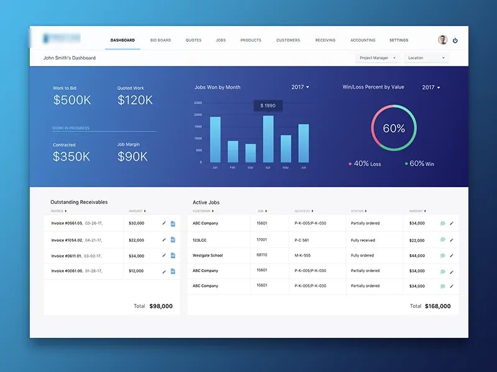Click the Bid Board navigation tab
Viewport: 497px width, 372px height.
click(160, 40)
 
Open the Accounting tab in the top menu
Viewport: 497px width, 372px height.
click(363, 40)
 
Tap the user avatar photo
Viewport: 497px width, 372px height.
click(442, 40)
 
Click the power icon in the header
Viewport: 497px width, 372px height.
click(455, 40)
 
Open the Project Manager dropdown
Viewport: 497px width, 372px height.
click(377, 58)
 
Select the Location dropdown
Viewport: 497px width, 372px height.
click(426, 58)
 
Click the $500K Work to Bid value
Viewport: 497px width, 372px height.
click(72, 100)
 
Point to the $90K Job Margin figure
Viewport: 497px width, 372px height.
click(132, 157)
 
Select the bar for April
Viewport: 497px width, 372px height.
click(268, 139)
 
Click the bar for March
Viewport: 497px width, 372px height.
click(250, 153)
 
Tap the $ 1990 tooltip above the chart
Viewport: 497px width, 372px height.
click(268, 106)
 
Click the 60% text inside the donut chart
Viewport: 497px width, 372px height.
click(394, 129)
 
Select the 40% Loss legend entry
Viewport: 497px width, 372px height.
click(367, 164)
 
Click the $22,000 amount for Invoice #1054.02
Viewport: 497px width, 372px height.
click(137, 240)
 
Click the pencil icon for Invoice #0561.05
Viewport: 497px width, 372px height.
click(164, 223)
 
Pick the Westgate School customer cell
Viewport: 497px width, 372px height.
click(207, 255)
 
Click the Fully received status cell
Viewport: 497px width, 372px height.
click(363, 240)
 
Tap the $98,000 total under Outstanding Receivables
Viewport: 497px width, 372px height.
click(161, 306)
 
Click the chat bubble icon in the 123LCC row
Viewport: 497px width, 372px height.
click(442, 240)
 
